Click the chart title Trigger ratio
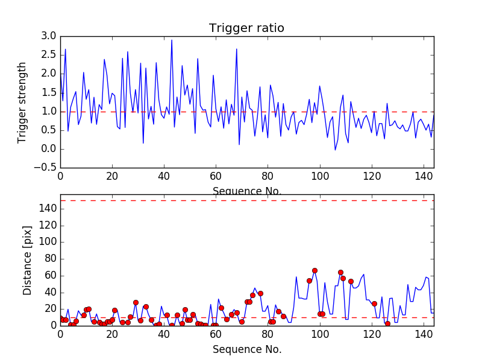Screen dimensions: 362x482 [x=246, y=28]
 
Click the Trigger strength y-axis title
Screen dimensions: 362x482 [x=22, y=102]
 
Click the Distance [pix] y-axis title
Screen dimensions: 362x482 [x=27, y=261]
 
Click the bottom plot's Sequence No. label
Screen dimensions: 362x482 [x=246, y=349]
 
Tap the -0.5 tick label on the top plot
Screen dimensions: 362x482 [x=46, y=168]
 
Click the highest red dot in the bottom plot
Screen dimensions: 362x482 [x=315, y=271]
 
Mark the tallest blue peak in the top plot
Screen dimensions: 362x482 [x=172, y=40]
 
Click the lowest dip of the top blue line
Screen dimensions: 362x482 [x=335, y=150]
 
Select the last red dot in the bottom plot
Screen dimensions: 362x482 [x=387, y=323]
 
